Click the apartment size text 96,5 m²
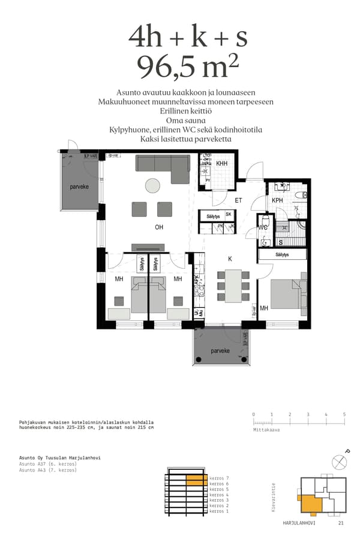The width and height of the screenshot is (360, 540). pos(184,66)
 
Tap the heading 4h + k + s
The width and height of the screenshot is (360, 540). pos(187,37)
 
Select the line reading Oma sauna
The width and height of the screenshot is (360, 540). pos(185,120)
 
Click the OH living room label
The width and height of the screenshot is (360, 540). pos(159,227)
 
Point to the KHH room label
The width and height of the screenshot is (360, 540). pos(221,164)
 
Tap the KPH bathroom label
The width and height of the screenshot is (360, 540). pos(277,200)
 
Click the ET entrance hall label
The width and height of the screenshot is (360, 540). pos(238,200)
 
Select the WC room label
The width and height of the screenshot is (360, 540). pos(263,227)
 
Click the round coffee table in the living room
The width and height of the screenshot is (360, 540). pos(153,185)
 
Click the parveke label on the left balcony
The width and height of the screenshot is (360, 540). pos(79,187)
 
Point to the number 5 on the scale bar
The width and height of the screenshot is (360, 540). pos(344,415)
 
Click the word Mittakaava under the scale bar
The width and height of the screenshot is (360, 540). pos(266,430)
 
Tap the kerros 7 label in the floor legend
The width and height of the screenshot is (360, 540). pos(219,478)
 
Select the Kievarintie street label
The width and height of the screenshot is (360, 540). pos(274,498)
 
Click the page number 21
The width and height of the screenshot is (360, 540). pos(341,523)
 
